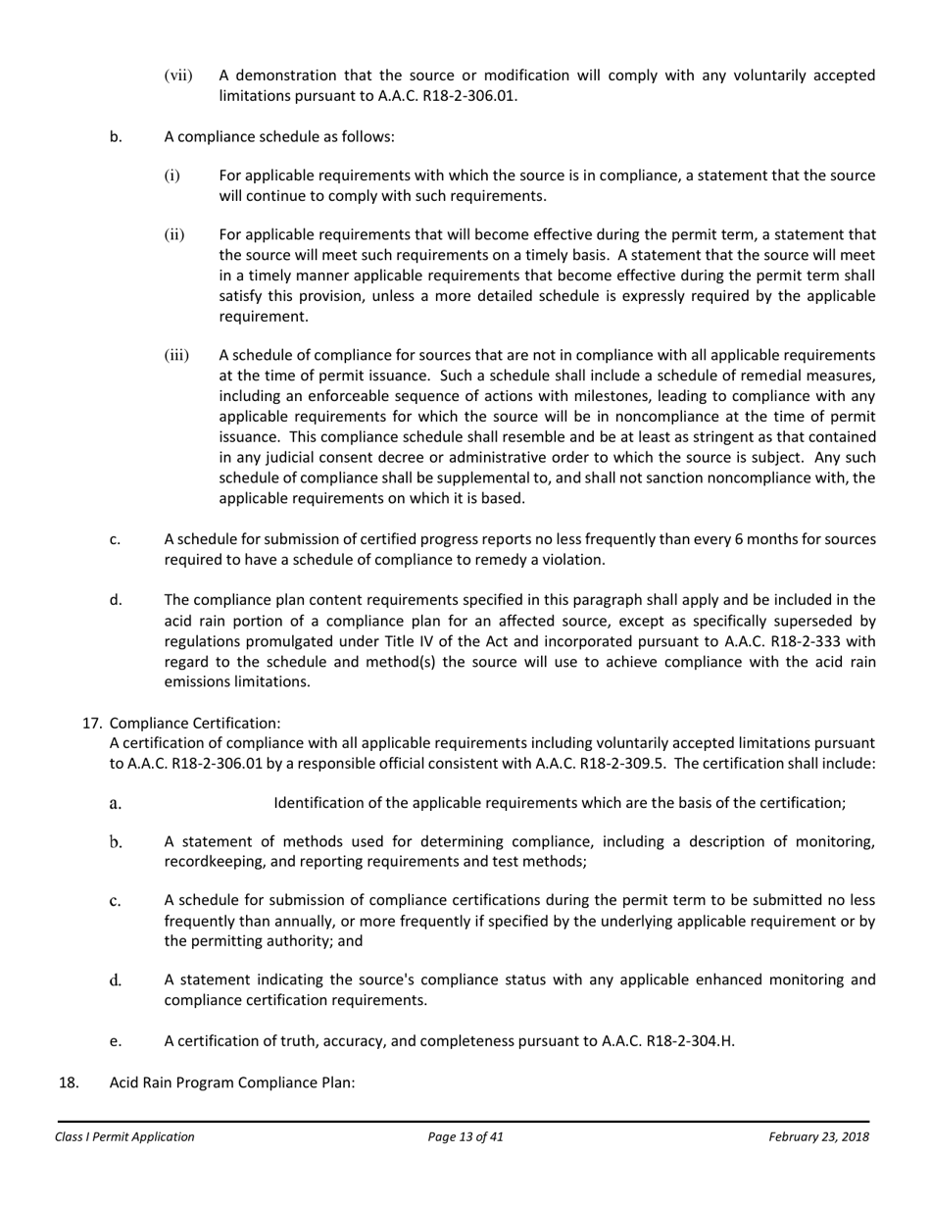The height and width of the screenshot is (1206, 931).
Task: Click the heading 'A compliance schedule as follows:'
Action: [279, 136]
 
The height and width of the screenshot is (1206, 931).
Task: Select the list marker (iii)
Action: [175, 355]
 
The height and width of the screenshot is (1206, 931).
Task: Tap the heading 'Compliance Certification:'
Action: [195, 724]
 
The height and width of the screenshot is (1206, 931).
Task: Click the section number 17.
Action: [91, 724]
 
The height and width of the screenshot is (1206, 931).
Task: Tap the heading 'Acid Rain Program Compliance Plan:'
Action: [231, 1082]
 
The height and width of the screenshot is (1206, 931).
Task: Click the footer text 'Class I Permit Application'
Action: [124, 1137]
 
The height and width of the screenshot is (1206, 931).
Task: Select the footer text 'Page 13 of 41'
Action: [465, 1137]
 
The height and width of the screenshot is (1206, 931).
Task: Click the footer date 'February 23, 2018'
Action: [818, 1137]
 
